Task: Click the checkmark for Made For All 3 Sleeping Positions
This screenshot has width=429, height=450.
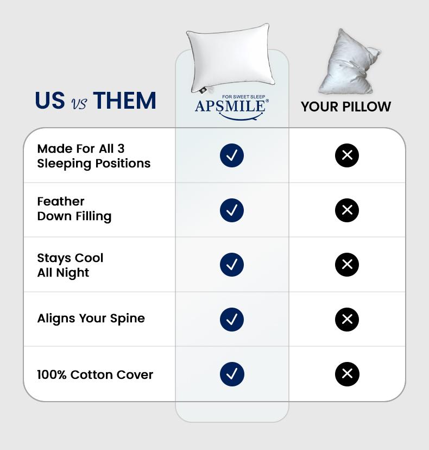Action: (x=232, y=155)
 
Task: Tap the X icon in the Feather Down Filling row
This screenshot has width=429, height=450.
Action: (x=347, y=210)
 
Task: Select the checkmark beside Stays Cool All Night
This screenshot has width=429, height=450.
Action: (x=232, y=265)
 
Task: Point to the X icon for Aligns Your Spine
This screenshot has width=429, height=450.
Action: (x=347, y=320)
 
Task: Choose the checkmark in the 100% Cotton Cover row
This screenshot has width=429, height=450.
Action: (x=232, y=374)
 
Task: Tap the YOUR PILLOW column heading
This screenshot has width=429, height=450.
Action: (x=346, y=107)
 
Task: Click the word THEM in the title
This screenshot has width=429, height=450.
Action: (x=124, y=101)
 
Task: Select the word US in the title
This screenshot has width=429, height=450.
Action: (x=50, y=101)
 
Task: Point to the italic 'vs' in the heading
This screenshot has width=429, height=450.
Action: (x=79, y=103)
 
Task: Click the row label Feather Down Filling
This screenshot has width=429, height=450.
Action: (x=74, y=209)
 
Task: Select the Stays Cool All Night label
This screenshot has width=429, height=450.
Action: (x=70, y=265)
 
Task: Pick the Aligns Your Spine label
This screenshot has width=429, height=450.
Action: (x=91, y=318)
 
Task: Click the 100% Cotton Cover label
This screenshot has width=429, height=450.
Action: (x=95, y=374)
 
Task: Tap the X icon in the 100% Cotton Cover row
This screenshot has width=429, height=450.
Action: (x=347, y=374)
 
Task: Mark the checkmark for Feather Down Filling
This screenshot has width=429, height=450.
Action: (x=232, y=210)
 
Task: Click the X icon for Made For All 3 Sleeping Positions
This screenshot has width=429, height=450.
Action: (x=347, y=155)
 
